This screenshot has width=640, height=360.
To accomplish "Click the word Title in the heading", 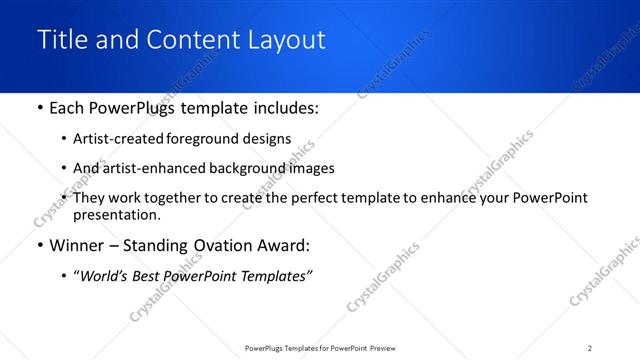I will click(x=60, y=40).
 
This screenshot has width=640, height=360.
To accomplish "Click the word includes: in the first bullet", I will click(x=283, y=108).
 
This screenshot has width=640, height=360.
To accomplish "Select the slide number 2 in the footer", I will click(x=590, y=347).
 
